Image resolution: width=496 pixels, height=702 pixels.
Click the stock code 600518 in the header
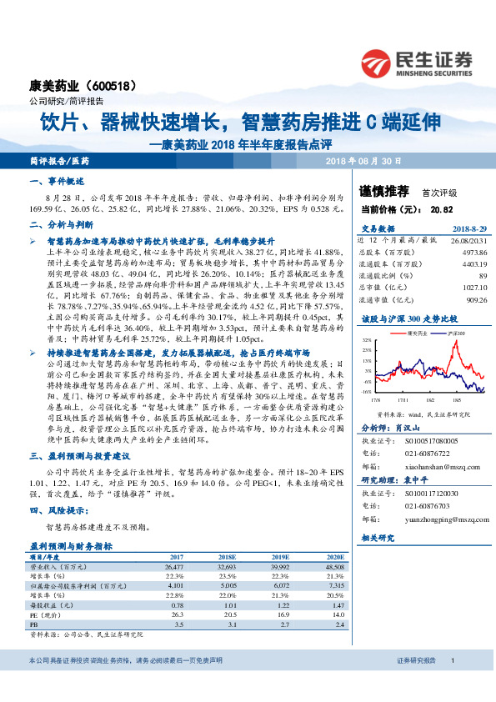[x=113, y=86]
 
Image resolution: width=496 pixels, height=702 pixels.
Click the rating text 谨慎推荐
[x=384, y=191]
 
